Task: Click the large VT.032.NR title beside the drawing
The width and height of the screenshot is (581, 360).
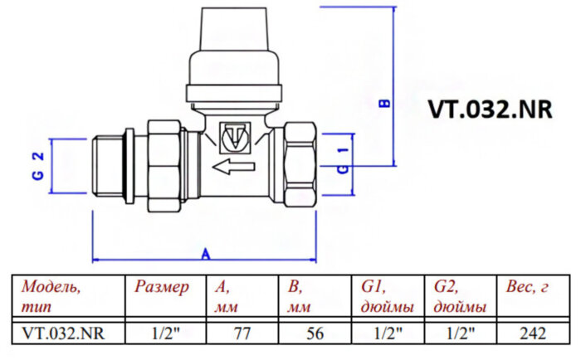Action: tap(489, 111)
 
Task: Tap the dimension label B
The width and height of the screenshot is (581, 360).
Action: tap(383, 105)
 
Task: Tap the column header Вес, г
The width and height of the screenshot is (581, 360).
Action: tap(528, 288)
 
